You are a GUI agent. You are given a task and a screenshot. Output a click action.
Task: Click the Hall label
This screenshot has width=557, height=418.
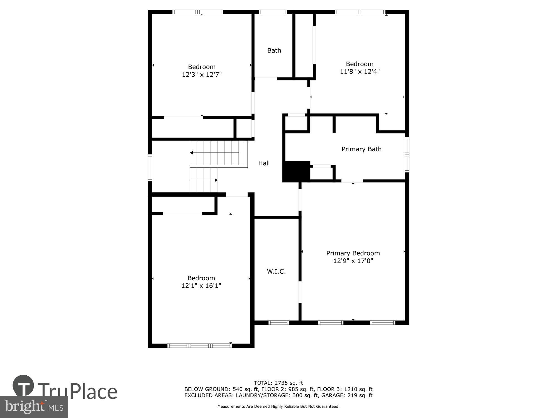(264, 163)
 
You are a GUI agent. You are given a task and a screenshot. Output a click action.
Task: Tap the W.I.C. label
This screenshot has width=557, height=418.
(276, 271)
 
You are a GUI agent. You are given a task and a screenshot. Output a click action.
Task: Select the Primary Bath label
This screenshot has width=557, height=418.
(361, 149)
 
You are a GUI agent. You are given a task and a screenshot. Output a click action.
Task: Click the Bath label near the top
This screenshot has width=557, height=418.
(274, 50)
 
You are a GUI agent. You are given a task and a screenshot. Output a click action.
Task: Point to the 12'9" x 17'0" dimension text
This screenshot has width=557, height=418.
(353, 261)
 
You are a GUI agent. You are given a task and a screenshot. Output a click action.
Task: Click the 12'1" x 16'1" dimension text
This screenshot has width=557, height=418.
(201, 286)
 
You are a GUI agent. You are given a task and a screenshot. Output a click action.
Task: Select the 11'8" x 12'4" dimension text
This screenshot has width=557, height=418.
(360, 71)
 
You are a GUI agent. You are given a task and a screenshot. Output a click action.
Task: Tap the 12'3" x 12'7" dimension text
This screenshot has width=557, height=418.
(202, 74)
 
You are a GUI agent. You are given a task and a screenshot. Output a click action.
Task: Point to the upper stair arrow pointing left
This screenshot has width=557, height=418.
(192, 153)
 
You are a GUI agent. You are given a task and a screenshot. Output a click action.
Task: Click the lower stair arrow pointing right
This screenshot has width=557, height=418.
(216, 180)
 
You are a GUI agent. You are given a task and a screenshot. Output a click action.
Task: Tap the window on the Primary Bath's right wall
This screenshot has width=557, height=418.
(407, 155)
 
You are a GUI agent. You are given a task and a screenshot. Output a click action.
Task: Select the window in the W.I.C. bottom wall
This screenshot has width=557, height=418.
(278, 323)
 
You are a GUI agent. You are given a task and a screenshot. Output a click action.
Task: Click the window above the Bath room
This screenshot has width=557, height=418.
(273, 12)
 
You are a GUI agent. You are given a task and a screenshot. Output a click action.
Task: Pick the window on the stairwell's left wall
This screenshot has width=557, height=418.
(150, 168)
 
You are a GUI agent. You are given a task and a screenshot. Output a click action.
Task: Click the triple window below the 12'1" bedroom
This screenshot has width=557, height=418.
(199, 346)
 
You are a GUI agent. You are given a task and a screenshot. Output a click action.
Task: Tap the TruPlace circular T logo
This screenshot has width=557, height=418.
(23, 386)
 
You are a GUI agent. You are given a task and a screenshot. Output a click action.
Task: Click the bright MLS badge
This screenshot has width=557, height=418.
(34, 407)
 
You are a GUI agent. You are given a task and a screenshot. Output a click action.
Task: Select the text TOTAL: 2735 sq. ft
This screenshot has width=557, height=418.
(278, 383)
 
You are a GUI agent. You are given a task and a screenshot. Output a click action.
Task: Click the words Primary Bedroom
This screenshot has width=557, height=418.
(353, 253)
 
